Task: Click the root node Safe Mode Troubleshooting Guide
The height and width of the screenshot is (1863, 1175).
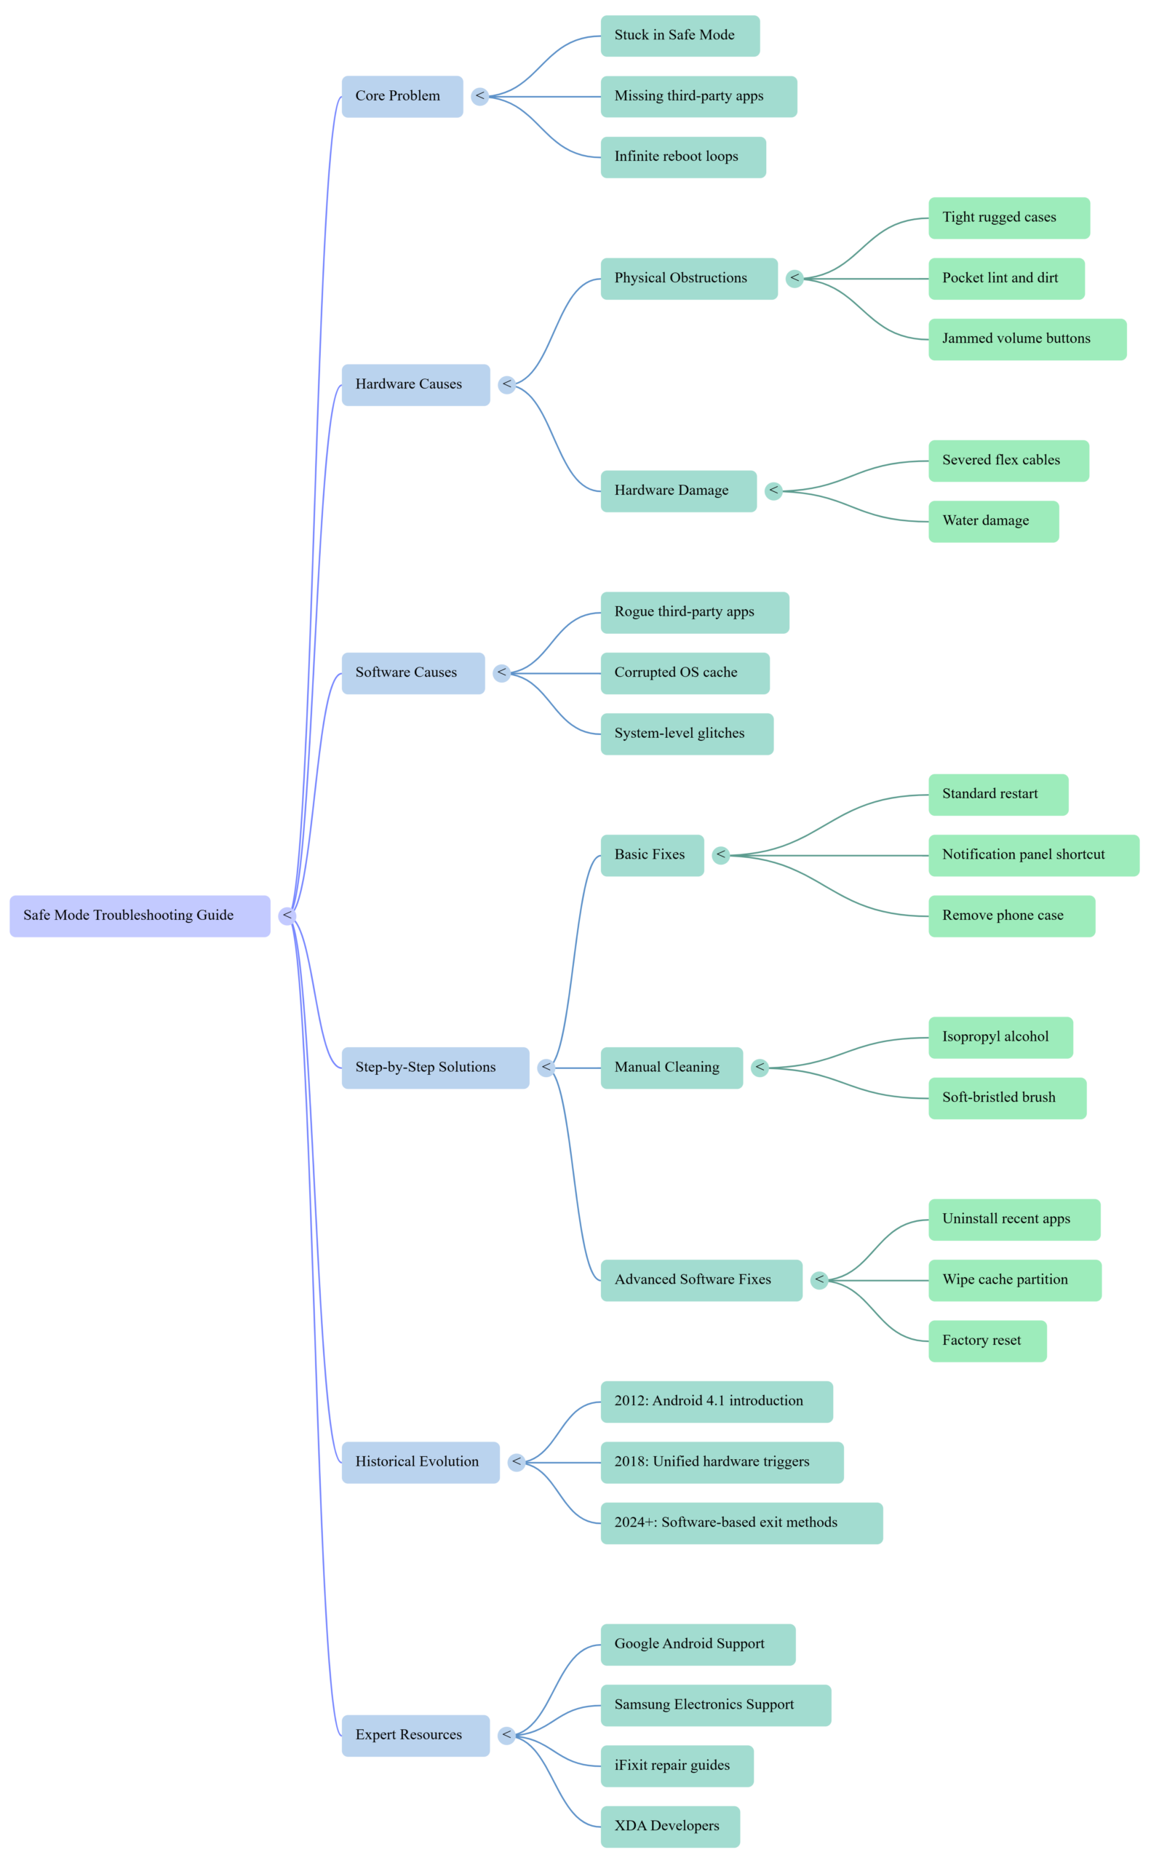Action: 139,916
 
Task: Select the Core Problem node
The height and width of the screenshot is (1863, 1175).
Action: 402,97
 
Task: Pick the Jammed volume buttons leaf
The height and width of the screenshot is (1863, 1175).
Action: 1027,339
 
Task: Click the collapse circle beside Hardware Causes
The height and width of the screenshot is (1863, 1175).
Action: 506,384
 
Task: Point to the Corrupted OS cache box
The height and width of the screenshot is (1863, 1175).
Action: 685,673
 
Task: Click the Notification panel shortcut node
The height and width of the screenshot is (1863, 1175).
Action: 1032,855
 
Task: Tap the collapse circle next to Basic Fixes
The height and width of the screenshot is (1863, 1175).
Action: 721,855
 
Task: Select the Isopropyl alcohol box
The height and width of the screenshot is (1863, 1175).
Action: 1000,1038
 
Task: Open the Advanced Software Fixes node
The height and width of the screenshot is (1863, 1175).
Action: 701,1280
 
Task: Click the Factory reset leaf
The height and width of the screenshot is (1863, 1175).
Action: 987,1340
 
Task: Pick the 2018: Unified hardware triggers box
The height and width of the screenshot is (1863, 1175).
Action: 722,1462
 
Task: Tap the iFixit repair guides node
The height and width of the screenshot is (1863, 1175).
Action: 677,1765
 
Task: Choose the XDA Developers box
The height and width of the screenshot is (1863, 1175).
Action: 670,1827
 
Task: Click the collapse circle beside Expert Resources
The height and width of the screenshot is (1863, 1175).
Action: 506,1736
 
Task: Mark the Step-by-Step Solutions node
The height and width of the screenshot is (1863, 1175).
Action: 435,1068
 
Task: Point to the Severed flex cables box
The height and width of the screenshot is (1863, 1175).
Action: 1008,461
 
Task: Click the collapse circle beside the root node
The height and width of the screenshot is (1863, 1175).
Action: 287,916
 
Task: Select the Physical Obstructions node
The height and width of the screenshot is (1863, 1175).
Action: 688,279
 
